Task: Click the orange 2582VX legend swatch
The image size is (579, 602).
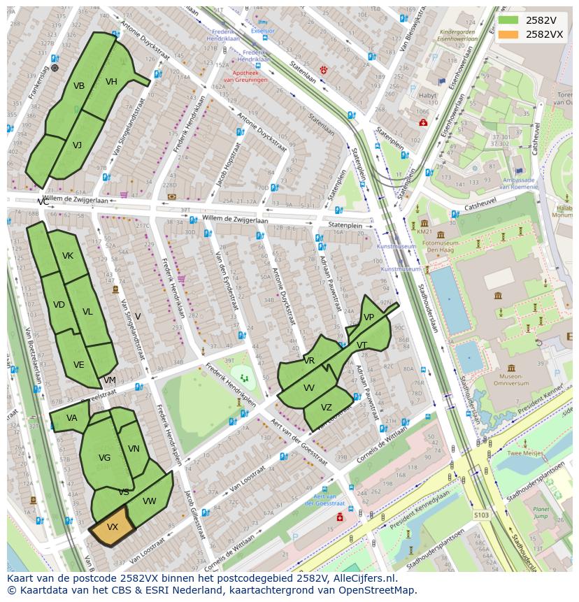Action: pyautogui.click(x=508, y=34)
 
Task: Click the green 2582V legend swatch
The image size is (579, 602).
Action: pyautogui.click(x=508, y=20)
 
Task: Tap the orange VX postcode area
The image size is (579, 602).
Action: pyautogui.click(x=113, y=527)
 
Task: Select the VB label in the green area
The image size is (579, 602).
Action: pyautogui.click(x=79, y=86)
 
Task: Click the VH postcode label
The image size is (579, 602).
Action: pyautogui.click(x=111, y=82)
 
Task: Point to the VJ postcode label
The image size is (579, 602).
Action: pyautogui.click(x=77, y=145)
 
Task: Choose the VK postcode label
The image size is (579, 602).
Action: pyautogui.click(x=67, y=256)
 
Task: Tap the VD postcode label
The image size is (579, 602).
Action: pyautogui.click(x=59, y=305)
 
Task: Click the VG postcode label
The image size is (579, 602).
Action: pyautogui.click(x=104, y=458)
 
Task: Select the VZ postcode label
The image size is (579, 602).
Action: pyautogui.click(x=327, y=408)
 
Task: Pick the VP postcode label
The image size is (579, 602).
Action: pyautogui.click(x=369, y=317)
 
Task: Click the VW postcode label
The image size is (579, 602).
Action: pyautogui.click(x=149, y=501)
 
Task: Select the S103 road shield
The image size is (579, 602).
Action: pyautogui.click(x=481, y=515)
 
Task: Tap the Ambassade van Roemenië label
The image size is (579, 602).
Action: pyautogui.click(x=518, y=183)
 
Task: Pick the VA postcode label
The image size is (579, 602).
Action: pyautogui.click(x=72, y=418)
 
